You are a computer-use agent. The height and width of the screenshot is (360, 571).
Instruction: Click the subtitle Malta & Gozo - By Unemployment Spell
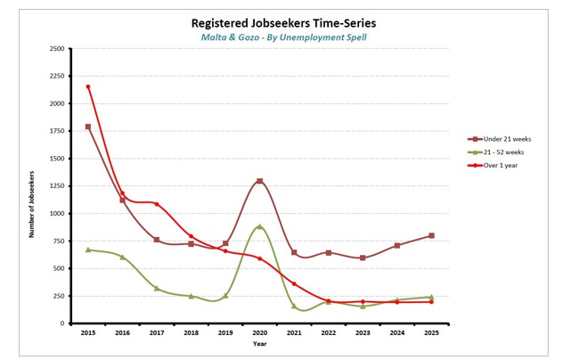283,37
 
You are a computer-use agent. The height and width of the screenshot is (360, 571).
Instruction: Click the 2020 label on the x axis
259,332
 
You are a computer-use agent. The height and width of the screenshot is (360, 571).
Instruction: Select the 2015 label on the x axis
87,332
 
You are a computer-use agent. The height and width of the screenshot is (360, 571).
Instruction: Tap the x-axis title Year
259,343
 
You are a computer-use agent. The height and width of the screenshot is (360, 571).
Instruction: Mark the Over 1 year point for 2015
87,86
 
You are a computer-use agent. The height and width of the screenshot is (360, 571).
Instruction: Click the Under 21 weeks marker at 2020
259,182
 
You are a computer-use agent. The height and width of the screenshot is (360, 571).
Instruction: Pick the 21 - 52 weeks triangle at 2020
259,226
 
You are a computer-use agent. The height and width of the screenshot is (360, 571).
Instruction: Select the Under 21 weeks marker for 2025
431,236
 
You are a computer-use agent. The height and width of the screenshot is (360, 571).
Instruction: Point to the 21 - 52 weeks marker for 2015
87,250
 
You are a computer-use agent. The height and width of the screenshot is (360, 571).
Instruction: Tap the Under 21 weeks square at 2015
87,127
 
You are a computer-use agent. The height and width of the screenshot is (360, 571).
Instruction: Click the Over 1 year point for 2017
156,204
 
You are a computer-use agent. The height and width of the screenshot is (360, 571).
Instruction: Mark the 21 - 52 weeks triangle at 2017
156,288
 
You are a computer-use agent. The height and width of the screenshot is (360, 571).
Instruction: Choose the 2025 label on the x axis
431,332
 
